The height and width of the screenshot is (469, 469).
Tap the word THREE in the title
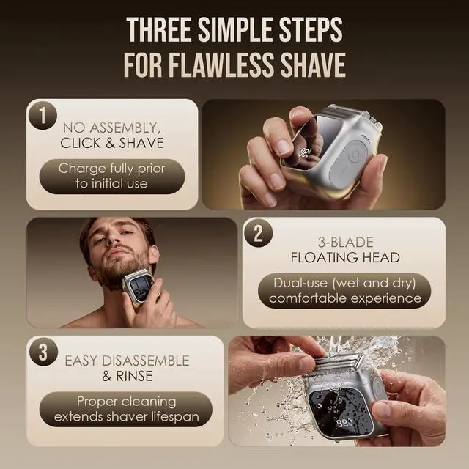(159, 30)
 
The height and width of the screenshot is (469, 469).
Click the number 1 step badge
(43, 116)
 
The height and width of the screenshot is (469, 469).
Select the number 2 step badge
(259, 233)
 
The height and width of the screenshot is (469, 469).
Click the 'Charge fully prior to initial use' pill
(112, 176)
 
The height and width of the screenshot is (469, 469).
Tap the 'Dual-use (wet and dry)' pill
(344, 291)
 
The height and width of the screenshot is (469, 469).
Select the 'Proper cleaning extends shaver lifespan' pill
(126, 409)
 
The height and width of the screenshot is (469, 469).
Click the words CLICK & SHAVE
(112, 143)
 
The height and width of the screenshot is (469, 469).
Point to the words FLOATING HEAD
(345, 257)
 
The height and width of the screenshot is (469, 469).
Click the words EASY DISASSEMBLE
(127, 361)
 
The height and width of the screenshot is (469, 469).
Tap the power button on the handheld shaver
(355, 156)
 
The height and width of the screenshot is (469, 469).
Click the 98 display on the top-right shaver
(305, 153)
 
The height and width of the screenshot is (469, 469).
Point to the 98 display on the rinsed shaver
(343, 424)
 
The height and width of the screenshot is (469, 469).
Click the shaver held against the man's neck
(139, 287)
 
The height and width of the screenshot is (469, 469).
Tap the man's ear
(154, 255)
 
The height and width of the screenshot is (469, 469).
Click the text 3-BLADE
(345, 243)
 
